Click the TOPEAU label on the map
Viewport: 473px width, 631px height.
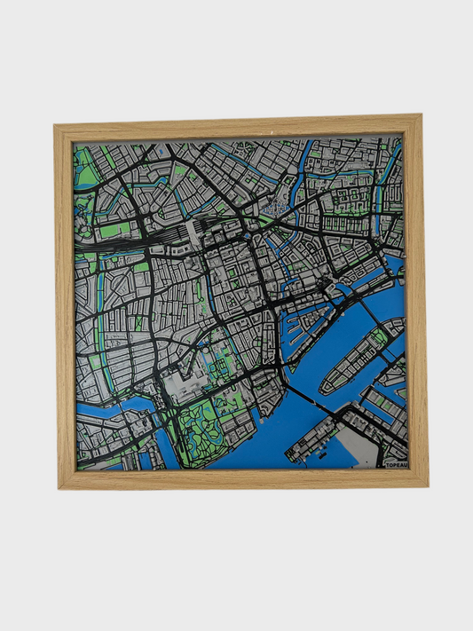396,462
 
